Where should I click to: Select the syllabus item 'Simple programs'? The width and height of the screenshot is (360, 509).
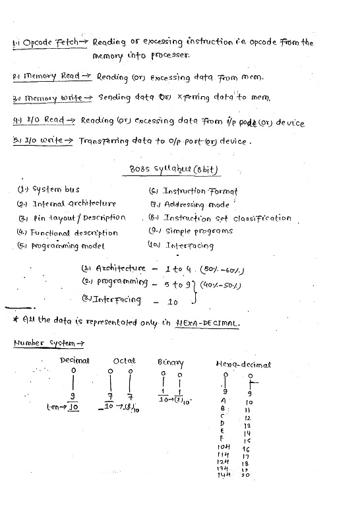(198, 231)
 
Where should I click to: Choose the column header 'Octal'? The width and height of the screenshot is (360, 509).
(125, 361)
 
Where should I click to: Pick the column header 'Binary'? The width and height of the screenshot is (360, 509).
(171, 363)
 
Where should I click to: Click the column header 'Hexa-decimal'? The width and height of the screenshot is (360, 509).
(243, 365)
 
